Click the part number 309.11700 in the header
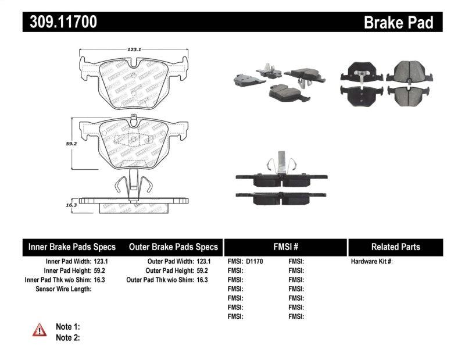60,23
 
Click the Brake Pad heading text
398,23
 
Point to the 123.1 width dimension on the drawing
134,50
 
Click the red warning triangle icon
39,330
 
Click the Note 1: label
67,327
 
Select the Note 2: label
67,337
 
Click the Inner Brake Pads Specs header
72,247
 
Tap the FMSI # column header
285,247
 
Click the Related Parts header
395,247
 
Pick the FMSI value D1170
255,262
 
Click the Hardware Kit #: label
371,262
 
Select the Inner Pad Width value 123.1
101,262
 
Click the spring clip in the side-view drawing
133,186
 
